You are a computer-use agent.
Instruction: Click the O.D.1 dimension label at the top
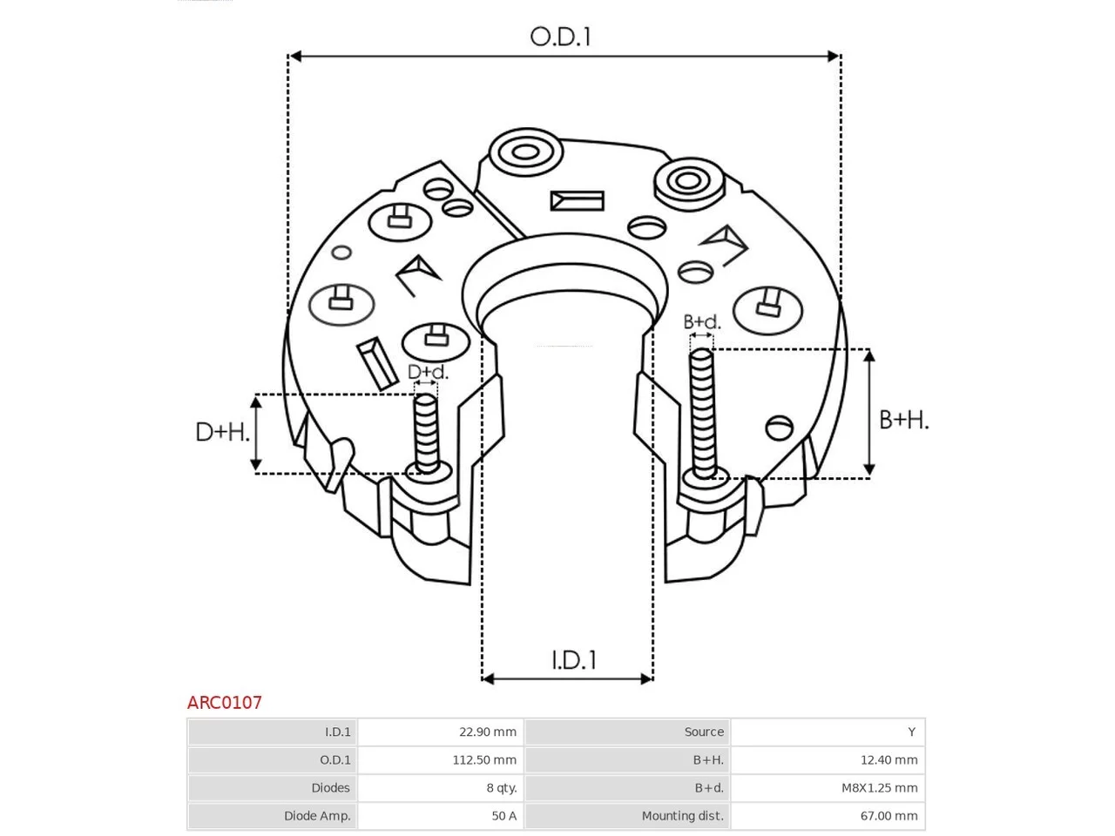pyautogui.click(x=560, y=37)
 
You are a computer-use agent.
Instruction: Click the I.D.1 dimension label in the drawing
pyautogui.click(x=573, y=660)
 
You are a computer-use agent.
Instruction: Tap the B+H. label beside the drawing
pyautogui.click(x=903, y=420)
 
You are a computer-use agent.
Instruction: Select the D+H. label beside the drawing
pyautogui.click(x=222, y=432)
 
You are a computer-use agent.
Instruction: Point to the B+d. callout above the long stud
pyautogui.click(x=701, y=322)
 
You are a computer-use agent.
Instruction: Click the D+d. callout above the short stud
pyautogui.click(x=428, y=372)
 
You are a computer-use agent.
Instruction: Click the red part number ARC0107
pyautogui.click(x=224, y=703)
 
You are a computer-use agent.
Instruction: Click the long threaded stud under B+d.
pyautogui.click(x=702, y=414)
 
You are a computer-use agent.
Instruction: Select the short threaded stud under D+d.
pyautogui.click(x=426, y=434)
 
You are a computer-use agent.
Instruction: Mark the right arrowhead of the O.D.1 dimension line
pyautogui.click(x=833, y=56)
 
